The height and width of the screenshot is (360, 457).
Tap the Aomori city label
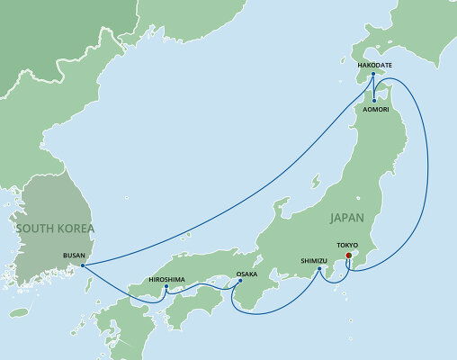(x=375, y=108)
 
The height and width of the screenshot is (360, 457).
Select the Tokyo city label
(x=346, y=245)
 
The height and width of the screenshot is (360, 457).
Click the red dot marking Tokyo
(x=348, y=255)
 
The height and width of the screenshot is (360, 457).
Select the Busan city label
(x=75, y=255)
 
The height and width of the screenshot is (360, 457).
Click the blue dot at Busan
(x=82, y=265)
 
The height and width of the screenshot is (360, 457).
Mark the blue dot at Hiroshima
(x=167, y=287)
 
